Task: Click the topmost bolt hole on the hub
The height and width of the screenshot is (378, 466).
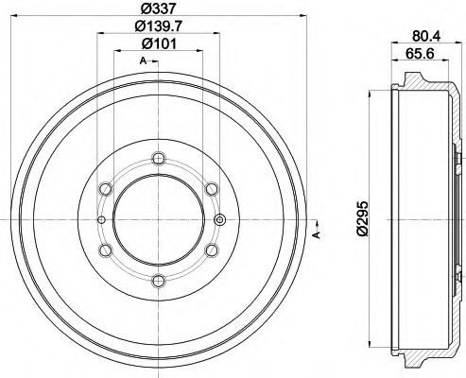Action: [158, 159]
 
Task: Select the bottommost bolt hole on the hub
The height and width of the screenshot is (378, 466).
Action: [158, 281]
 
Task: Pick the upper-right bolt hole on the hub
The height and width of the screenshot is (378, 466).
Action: [211, 189]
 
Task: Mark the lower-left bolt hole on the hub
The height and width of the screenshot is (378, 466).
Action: [105, 249]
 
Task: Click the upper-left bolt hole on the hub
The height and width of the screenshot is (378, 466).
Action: [105, 189]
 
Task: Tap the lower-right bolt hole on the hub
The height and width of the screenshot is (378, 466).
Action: [211, 249]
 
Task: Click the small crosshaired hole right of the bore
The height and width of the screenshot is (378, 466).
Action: [219, 220]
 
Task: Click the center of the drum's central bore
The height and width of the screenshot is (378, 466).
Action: [158, 219]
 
